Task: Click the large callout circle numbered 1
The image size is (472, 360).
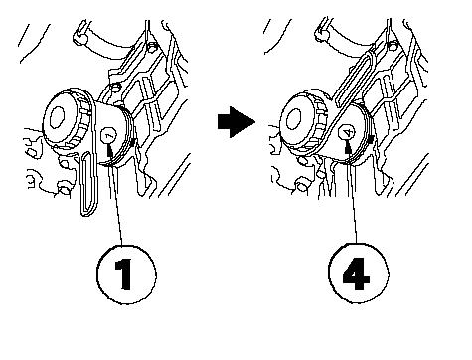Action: click(x=126, y=274)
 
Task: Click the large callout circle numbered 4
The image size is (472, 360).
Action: click(x=359, y=273)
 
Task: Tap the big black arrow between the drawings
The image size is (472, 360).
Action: click(x=236, y=122)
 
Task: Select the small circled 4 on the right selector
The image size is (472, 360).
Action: click(x=347, y=133)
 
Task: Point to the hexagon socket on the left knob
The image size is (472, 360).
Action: click(x=57, y=118)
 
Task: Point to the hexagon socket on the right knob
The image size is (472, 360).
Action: click(x=294, y=118)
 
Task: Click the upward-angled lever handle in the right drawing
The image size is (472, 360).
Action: click(x=355, y=78)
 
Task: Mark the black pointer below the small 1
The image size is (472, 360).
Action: click(x=110, y=151)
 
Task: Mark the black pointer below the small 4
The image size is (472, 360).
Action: click(x=348, y=146)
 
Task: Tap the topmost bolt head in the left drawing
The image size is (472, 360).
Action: click(x=152, y=48)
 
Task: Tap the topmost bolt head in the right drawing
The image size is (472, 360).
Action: click(x=393, y=46)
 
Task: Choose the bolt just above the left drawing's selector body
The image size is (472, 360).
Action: click(x=115, y=88)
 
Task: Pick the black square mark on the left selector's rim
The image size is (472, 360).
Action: click(x=133, y=142)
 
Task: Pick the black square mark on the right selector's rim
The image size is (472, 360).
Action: click(x=371, y=138)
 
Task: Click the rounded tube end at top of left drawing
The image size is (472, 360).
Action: click(x=79, y=37)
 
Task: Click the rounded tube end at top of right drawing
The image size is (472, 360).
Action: click(x=321, y=35)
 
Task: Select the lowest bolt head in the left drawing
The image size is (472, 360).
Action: click(x=64, y=188)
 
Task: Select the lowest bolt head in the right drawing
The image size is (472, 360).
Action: click(x=301, y=186)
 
